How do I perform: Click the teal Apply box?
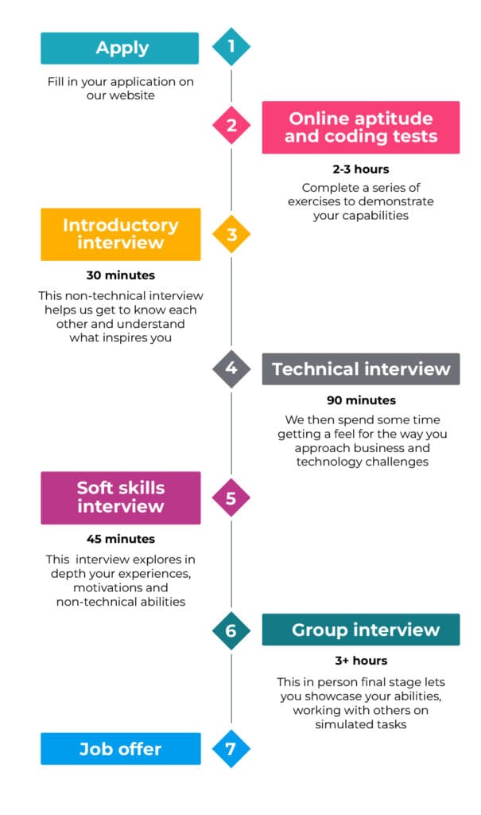pos(119,49)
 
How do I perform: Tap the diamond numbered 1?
pos(231,47)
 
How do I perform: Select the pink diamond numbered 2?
pos(231,125)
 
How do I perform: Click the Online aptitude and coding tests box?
pos(360,127)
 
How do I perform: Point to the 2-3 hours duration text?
pos(360,169)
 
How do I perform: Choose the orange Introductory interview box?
pos(121,235)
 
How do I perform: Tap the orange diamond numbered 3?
pos(231,234)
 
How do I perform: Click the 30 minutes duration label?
pos(121,275)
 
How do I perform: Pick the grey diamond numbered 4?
pos(231,369)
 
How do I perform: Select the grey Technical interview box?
pos(360,369)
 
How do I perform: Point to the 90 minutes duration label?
pos(361,400)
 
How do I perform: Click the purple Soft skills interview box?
pos(121,498)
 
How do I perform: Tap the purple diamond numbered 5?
pos(231,498)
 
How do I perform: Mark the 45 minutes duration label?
pos(121,539)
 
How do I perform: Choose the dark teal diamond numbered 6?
pos(231,630)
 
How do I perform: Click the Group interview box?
pos(360,630)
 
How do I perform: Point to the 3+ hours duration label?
pos(361,661)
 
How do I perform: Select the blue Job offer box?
pos(121,749)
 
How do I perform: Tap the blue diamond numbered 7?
pos(231,748)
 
